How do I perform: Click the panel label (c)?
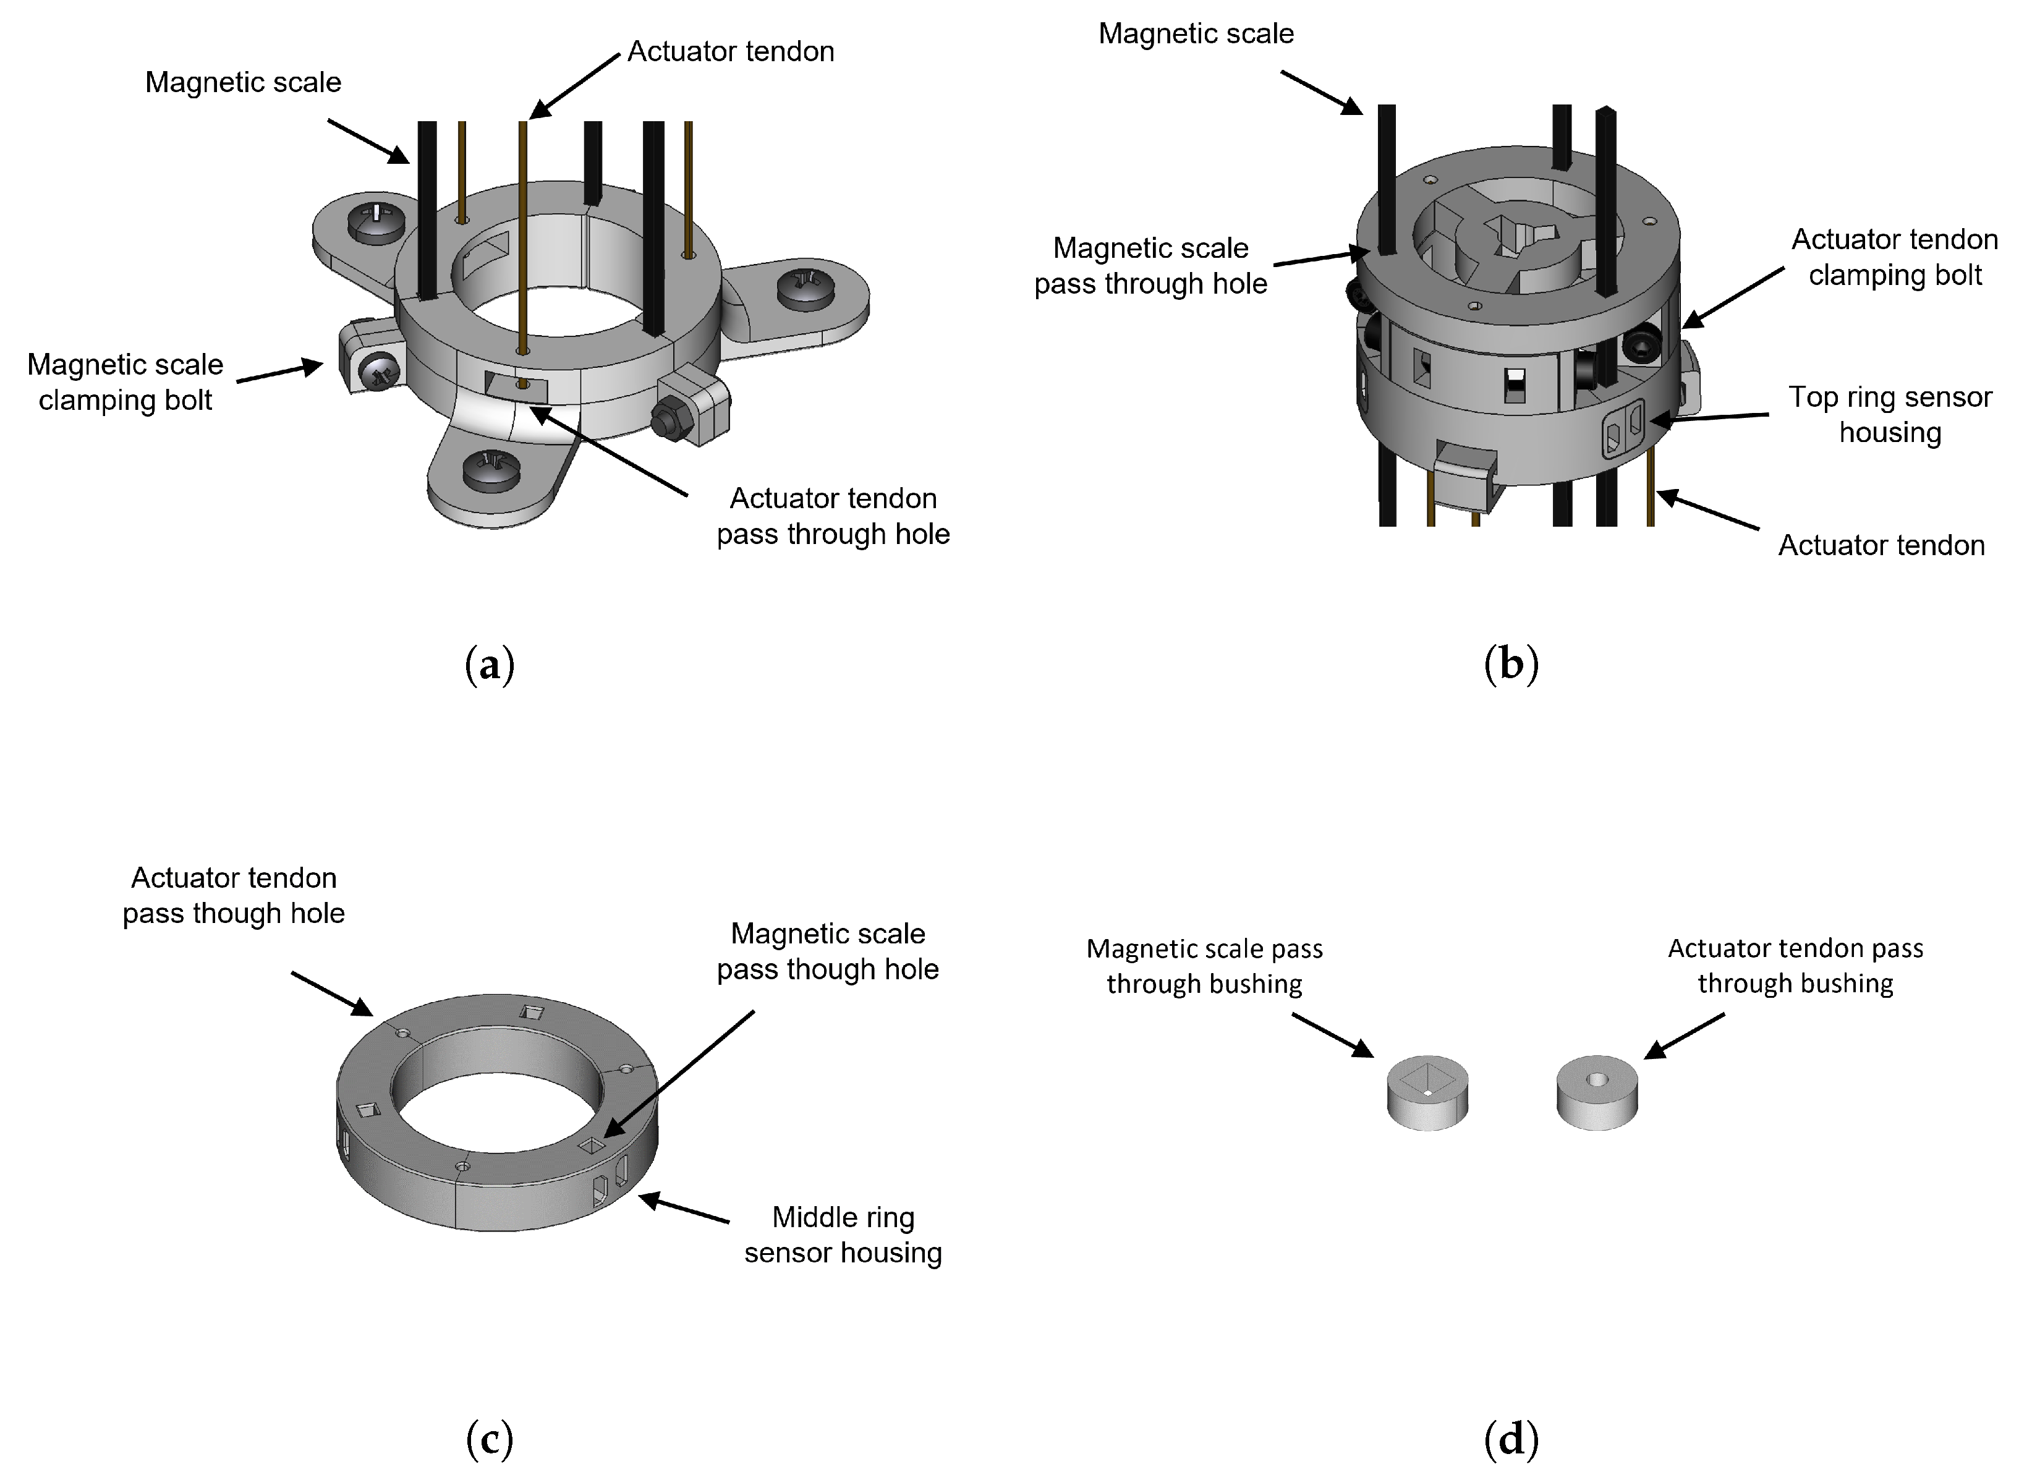[490, 1440]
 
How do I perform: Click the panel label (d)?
[1511, 1440]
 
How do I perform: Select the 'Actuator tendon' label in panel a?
[730, 52]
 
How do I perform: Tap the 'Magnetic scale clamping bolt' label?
[125, 381]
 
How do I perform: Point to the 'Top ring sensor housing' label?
[1890, 414]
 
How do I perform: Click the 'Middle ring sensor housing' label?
[843, 1235]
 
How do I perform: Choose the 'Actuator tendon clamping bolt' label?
[1895, 257]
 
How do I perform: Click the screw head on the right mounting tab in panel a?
[805, 289]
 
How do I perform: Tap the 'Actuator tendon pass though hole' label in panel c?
[233, 895]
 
